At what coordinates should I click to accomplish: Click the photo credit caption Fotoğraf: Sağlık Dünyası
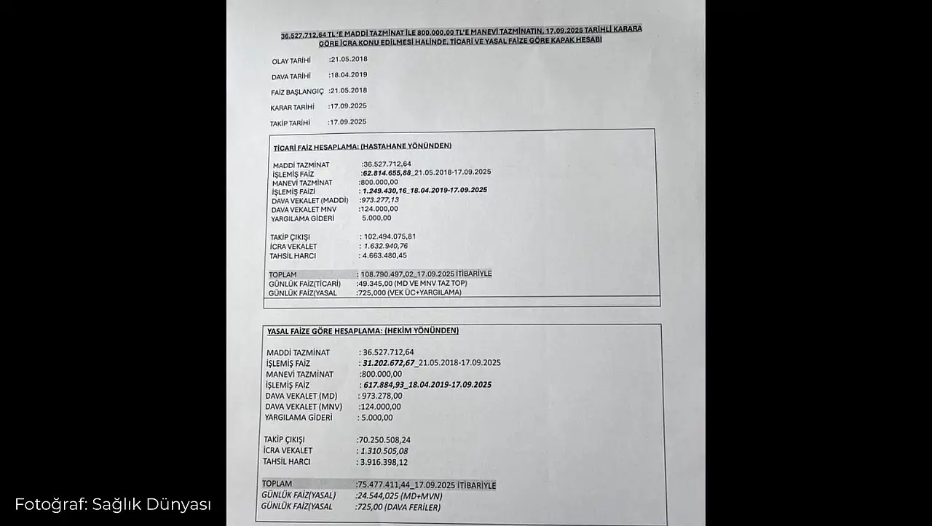(x=113, y=504)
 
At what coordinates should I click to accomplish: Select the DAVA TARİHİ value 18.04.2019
(x=348, y=74)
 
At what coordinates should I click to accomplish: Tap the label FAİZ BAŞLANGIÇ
(x=297, y=92)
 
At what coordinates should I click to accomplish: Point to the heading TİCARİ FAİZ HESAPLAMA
(x=362, y=146)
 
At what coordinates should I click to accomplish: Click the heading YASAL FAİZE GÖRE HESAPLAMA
(x=363, y=331)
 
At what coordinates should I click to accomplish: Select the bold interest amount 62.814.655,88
(x=387, y=172)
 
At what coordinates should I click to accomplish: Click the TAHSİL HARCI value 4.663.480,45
(x=384, y=255)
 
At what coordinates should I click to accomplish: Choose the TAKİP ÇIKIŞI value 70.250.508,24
(x=384, y=440)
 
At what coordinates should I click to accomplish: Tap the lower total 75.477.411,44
(x=385, y=485)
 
